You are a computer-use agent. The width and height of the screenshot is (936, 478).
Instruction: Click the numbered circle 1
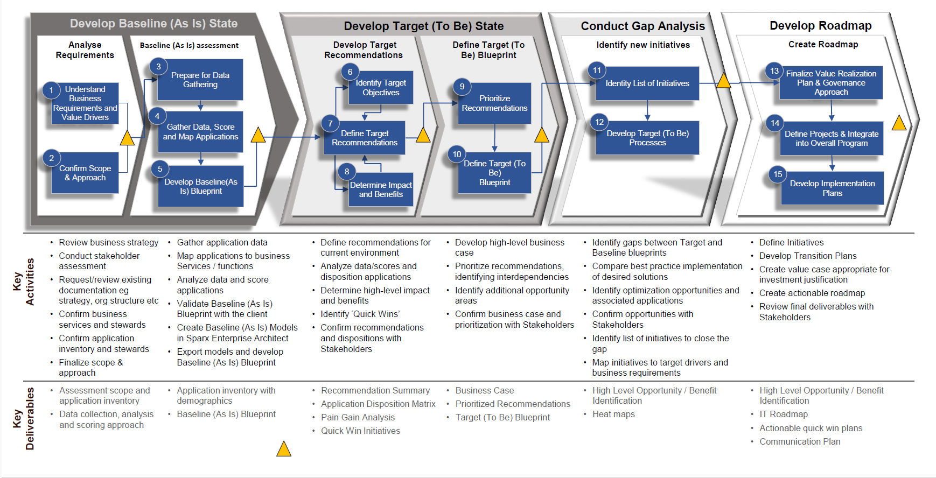point(51,90)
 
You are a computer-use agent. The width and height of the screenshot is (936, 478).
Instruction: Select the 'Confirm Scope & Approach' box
point(85,173)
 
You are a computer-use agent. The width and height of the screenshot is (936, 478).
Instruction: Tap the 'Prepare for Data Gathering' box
point(200,80)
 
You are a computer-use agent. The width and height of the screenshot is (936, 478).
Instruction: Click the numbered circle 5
point(160,168)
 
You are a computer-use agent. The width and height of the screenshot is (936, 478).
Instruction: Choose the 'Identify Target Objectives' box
point(381,88)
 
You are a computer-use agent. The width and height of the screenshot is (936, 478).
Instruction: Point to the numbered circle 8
point(347,172)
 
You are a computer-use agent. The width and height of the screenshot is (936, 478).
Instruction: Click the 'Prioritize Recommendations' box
point(494,103)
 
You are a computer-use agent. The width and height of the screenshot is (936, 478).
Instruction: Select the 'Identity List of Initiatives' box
point(647,83)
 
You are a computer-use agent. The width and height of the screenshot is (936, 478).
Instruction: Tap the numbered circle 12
point(599,122)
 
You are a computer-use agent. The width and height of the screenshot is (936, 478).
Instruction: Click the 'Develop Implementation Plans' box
point(832,188)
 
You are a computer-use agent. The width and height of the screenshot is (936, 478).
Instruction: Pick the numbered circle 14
point(775,123)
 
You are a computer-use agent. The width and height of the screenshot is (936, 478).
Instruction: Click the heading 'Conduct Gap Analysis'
point(642,26)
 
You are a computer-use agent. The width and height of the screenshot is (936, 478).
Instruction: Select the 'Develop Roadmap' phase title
point(820,25)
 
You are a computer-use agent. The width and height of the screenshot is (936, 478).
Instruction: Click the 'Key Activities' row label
point(24,282)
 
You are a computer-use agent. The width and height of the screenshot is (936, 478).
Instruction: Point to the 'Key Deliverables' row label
point(24,418)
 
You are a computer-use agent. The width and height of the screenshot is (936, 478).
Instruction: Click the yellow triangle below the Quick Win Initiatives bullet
point(284,449)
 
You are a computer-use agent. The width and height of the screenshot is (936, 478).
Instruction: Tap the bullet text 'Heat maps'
point(613,414)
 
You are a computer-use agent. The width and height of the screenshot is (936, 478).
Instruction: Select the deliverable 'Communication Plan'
point(800,441)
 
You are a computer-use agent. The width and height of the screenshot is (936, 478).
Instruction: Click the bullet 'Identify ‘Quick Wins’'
point(360,314)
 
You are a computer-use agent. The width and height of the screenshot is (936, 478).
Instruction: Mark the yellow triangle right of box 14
point(899,124)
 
